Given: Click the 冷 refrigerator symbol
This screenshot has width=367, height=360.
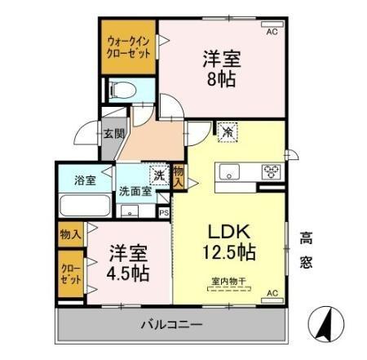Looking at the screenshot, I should (225, 131).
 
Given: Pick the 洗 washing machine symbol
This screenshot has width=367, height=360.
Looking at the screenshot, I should (157, 175).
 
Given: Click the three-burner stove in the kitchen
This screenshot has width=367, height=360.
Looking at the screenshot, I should (271, 171).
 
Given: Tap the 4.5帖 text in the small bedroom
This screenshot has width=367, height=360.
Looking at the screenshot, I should (128, 271).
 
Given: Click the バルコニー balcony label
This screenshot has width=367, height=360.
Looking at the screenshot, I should (171, 325).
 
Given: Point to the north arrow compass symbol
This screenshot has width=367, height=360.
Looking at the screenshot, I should (327, 327).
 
